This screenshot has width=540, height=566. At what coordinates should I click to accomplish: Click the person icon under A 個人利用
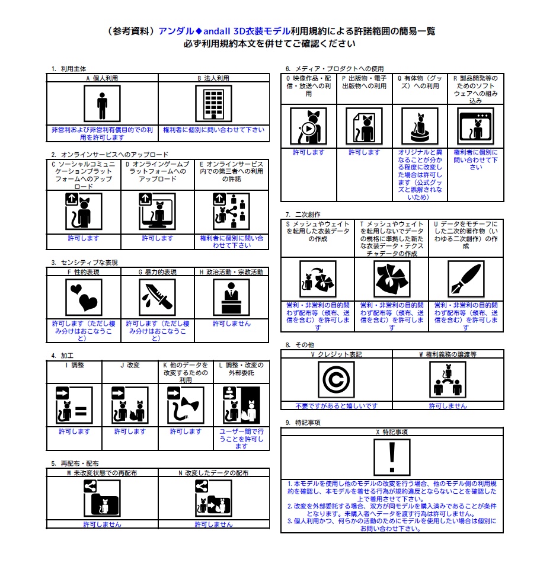click(x=102, y=104)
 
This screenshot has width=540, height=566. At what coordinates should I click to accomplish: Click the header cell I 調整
click(x=74, y=366)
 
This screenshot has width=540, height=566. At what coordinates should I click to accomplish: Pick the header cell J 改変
click(x=130, y=366)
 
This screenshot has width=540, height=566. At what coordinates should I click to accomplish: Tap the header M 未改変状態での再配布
click(x=102, y=474)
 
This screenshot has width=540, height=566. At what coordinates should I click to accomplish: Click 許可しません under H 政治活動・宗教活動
click(x=231, y=324)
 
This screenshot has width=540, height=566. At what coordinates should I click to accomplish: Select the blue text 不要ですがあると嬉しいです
click(x=336, y=406)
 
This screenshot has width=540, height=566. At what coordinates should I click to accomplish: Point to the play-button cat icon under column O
click(x=308, y=126)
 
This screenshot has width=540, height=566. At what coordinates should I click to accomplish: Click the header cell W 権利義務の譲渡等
click(x=448, y=354)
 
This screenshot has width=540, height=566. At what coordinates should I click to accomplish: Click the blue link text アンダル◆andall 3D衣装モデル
click(x=225, y=31)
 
